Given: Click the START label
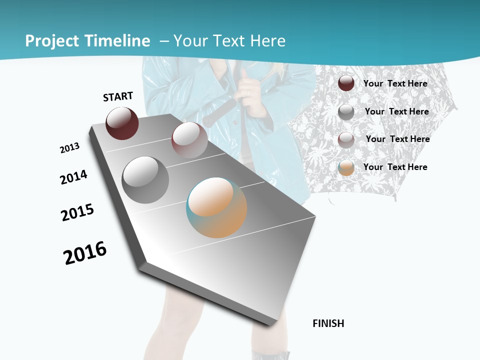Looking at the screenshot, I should coord(118,96).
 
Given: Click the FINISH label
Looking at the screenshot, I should coord(328,323).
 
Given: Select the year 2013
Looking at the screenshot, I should coord(69,148).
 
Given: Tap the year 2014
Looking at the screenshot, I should coord(73,177).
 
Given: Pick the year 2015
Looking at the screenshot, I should coord(77,212).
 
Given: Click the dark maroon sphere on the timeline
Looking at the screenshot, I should coord(122,123).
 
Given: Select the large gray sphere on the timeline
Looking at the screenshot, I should coord(145,180).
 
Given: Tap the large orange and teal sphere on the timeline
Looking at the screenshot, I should coord(216,207).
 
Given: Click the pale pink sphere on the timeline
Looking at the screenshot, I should coord(189,140).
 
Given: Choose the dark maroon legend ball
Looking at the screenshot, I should coord(346,83).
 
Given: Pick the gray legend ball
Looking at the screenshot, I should coord(346,111).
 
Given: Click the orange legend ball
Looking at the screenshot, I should coord(346,167).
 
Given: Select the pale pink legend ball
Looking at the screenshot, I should coord(346,139).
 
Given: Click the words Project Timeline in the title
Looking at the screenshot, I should coord(87,41).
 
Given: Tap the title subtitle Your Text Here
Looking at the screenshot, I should coord(229,41).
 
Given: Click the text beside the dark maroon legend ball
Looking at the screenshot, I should coord(395,83).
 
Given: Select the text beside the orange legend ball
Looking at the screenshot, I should coord(395,167).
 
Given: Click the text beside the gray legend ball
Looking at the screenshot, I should coord(396,111).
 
